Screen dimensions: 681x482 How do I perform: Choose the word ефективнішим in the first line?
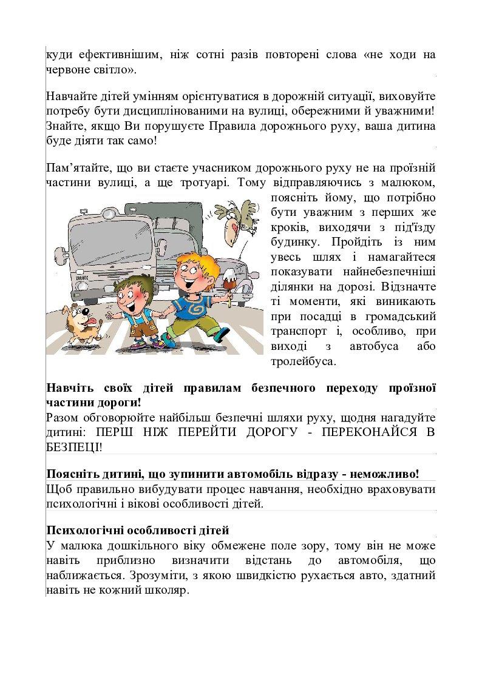[113, 55]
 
